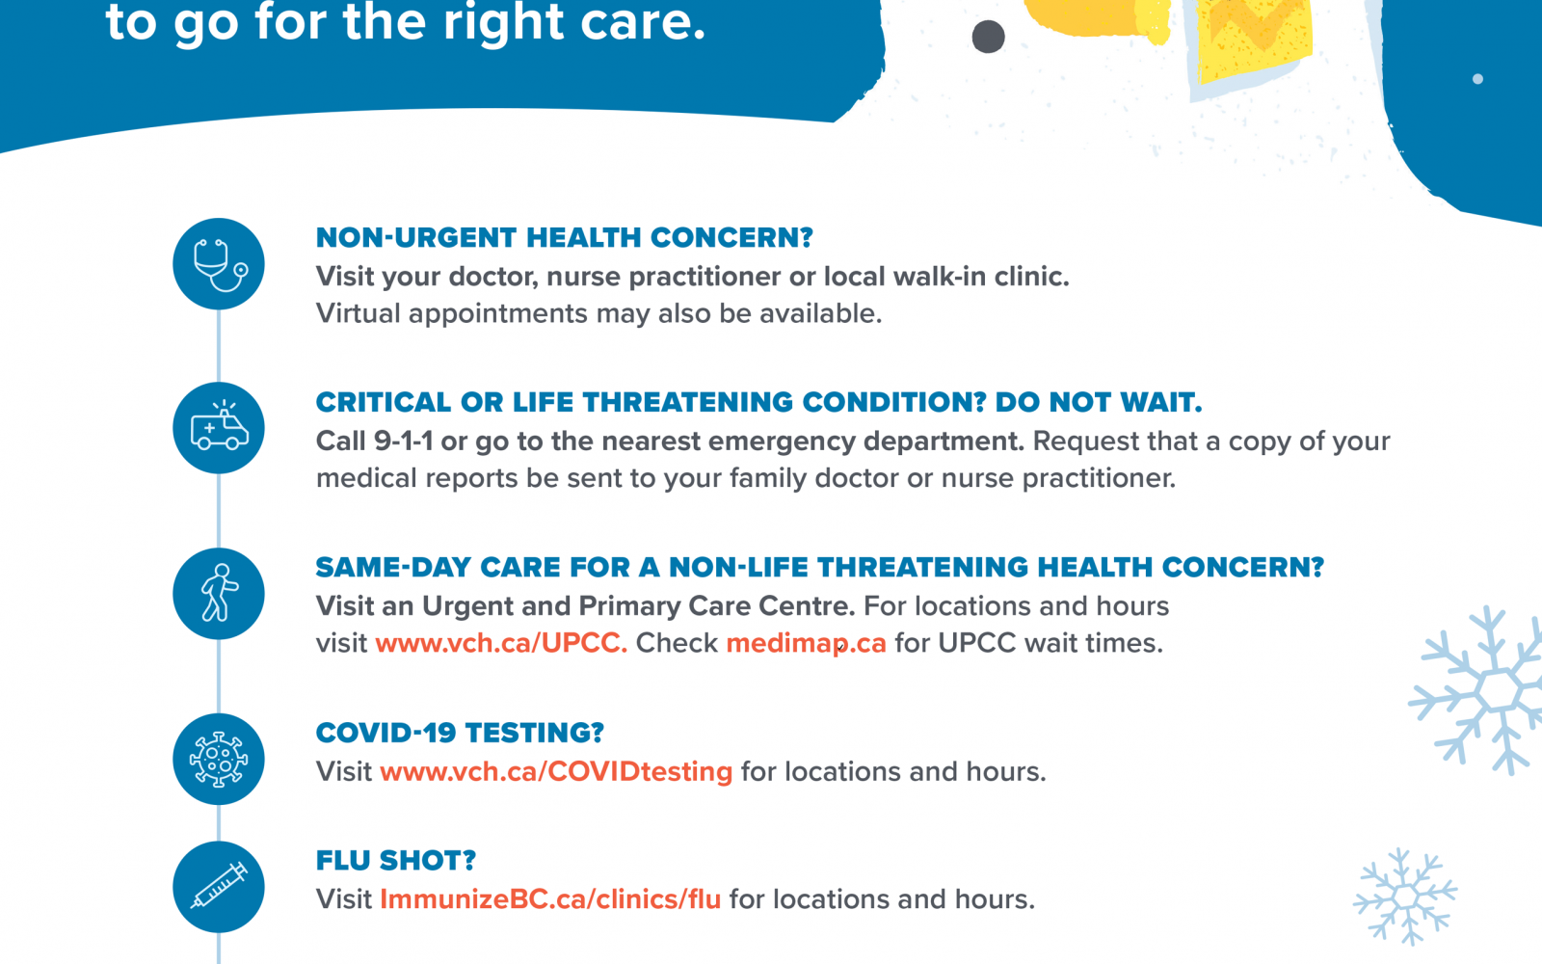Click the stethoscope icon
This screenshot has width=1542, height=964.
coord(219,264)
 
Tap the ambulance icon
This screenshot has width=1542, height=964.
coord(219,428)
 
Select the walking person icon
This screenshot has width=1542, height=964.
coord(219,594)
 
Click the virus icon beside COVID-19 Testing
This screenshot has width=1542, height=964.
coord(219,760)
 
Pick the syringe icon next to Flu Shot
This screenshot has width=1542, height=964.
coord(219,887)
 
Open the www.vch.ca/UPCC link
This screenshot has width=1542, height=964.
coord(501,643)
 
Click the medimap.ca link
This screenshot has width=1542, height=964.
coord(806,644)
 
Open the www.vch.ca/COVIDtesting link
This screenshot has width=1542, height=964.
coord(556,772)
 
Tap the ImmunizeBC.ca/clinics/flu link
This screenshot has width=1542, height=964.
coord(550,899)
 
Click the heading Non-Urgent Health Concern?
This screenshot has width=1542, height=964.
coord(565,237)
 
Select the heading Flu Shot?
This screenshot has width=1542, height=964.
coord(396,861)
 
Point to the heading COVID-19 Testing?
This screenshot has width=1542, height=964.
coord(460,733)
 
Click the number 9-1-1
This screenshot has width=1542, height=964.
coord(404,442)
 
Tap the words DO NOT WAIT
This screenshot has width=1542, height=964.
coord(1099,402)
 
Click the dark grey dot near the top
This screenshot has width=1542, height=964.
coord(989,37)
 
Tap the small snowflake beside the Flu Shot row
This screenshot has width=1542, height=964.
coord(1404,896)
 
